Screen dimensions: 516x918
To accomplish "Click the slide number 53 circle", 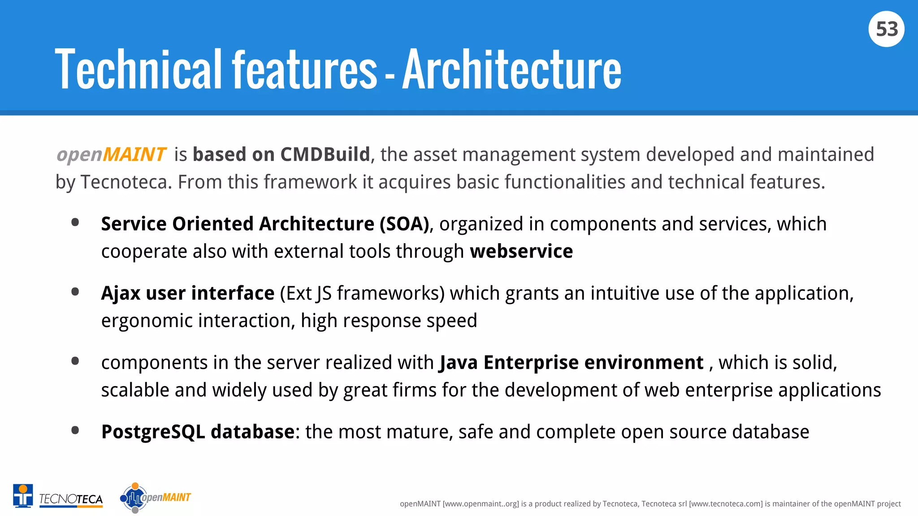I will point(886,29).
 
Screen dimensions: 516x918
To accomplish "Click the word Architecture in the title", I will point(511,70).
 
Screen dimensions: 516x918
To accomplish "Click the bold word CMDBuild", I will point(325,155).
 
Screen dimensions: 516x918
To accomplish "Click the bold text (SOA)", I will point(404,224).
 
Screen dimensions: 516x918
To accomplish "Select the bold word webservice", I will point(521,251).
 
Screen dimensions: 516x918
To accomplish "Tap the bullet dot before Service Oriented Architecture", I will point(75,223).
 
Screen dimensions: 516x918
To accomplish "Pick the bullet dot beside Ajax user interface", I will point(75,292).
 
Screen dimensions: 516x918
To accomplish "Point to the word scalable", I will point(135,390).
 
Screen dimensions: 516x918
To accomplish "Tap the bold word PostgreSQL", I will point(153,432).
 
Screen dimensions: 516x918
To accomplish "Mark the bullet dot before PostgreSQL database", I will point(75,431).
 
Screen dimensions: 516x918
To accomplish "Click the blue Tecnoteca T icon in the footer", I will point(23,496).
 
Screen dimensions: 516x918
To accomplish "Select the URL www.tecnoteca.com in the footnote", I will point(725,504).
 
